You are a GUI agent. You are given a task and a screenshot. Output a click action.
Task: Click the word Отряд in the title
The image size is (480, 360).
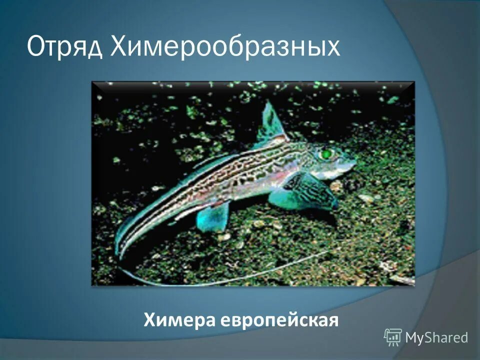[x=65, y=47]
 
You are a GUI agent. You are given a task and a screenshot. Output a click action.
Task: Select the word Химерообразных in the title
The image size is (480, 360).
[x=224, y=47]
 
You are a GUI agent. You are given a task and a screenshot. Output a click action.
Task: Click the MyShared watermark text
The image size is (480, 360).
[x=436, y=337]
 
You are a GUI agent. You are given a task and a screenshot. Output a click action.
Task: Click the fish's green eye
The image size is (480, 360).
[x=326, y=153]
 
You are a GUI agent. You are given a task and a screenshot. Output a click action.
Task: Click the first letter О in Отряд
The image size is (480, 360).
[x=36, y=47]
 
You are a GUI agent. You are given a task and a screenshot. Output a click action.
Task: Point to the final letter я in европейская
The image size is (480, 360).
[x=333, y=320]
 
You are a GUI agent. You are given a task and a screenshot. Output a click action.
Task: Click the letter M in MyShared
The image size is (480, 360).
[x=411, y=337]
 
